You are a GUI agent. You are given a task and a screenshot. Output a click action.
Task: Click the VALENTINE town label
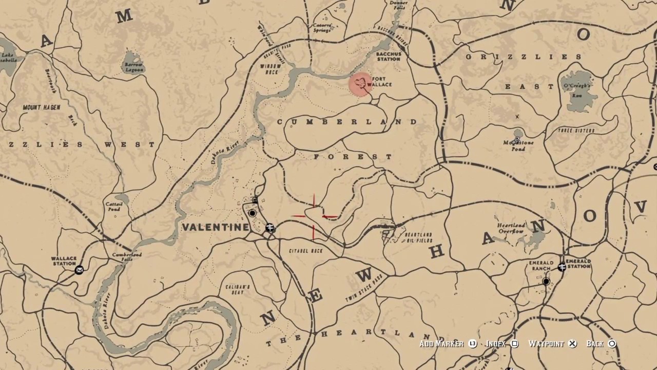(216, 227)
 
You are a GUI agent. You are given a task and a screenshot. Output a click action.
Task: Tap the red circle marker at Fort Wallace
(361, 84)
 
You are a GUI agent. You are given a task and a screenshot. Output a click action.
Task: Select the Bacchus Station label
(388, 56)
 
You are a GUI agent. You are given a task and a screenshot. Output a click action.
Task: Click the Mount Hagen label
(42, 107)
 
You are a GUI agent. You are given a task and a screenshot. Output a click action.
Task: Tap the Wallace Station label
(64, 261)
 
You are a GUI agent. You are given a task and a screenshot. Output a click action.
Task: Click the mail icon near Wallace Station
(79, 270)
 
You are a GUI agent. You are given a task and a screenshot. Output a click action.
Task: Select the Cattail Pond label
(113, 206)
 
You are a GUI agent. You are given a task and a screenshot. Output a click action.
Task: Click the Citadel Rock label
(306, 251)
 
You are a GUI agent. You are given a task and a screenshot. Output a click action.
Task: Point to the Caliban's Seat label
(237, 289)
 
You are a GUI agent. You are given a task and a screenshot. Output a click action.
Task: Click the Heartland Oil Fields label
(418, 237)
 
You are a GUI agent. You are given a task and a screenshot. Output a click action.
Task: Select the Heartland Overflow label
(511, 228)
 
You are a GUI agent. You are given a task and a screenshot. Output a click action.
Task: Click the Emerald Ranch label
(541, 266)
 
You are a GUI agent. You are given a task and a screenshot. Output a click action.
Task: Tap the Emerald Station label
(578, 263)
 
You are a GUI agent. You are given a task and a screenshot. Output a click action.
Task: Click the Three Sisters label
(575, 131)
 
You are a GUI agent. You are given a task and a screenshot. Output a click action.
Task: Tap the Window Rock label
(270, 69)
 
